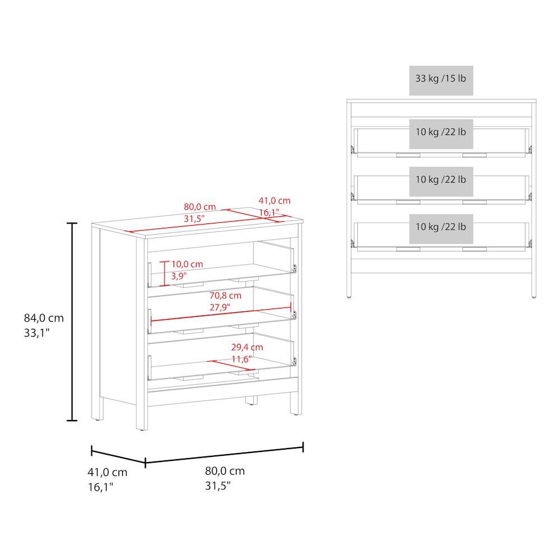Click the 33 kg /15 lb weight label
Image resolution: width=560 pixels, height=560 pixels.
point(441,78)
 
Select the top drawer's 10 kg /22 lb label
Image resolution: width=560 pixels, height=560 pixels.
point(441,132)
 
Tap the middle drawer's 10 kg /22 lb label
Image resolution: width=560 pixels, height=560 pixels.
point(441,180)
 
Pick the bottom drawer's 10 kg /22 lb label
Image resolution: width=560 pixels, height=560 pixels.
point(441,227)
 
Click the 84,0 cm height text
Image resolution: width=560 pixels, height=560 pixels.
point(44,318)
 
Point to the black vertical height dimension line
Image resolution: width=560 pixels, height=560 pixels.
point(72,322)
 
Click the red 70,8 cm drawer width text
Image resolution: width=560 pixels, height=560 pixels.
point(225,296)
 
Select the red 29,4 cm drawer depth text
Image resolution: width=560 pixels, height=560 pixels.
point(247,347)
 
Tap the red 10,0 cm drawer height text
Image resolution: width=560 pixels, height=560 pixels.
point(187,264)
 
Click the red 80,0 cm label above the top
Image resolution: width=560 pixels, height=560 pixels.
point(200,207)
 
